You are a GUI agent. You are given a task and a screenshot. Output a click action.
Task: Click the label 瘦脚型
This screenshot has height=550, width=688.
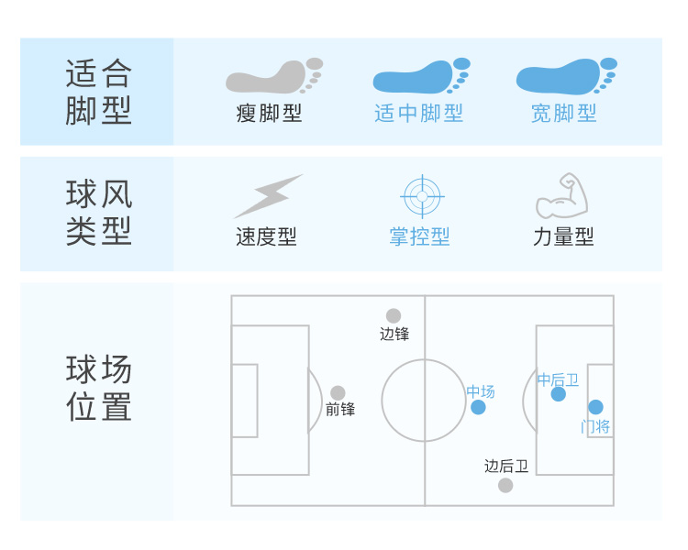pos(269,114)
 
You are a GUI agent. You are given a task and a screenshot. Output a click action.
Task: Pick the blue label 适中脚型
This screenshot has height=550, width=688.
pos(419,114)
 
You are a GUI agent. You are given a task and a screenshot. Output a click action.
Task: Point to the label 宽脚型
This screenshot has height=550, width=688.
pos(564,114)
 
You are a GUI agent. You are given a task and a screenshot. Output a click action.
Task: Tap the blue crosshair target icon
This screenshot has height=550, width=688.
pos(422,195)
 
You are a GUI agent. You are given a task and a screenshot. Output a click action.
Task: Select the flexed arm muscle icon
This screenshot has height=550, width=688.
pos(561,195)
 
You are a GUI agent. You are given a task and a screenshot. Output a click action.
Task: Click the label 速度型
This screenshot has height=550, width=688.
pos(267,236)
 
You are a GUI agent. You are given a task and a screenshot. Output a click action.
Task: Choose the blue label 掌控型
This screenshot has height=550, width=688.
pos(420,236)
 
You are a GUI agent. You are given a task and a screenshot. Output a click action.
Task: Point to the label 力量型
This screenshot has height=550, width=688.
pos(563,236)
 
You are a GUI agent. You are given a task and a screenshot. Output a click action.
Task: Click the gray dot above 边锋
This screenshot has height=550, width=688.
pos(394,315)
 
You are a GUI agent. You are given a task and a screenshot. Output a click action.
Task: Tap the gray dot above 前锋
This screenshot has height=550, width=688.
pos(338,392)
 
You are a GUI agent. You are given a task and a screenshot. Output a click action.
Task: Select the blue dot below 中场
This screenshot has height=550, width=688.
pos(478,407)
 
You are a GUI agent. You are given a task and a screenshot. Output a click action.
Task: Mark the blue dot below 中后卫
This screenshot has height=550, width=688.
pos(559,394)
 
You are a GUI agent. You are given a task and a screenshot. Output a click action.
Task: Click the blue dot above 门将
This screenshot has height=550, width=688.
pos(595,407)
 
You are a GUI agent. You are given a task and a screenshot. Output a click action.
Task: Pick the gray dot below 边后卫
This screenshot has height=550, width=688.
pos(505,485)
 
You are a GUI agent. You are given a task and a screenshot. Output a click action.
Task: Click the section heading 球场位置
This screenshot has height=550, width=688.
pos(99,389)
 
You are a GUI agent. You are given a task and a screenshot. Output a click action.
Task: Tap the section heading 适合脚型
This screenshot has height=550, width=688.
pos(99,92)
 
